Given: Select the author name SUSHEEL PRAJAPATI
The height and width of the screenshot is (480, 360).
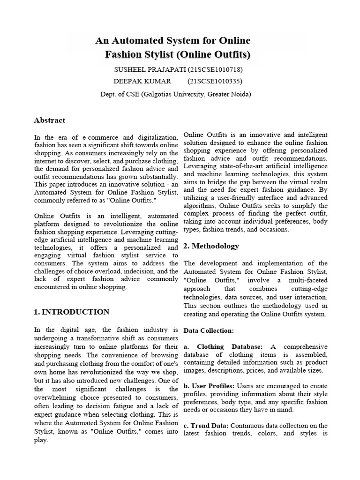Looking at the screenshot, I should tap(150, 70).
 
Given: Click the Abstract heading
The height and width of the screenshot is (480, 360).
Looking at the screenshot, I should tap(49, 120).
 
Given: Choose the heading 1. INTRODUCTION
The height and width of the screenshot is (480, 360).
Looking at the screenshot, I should tap(72, 312).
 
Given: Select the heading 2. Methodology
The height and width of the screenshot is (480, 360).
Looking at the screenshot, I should tap(211, 246).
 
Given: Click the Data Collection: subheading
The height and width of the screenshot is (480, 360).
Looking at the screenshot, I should tap(208, 330).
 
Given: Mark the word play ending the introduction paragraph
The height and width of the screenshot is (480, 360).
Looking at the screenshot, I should tap(41, 441).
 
